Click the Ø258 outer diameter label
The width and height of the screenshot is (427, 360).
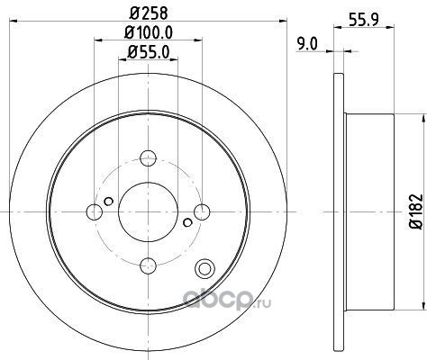pos(149,13)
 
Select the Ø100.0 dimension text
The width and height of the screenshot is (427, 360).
pos(149,32)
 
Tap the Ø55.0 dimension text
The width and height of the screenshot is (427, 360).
pos(149,52)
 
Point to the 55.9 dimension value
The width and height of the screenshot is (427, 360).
pos(364,20)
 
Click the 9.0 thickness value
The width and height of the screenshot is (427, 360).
pos(307,44)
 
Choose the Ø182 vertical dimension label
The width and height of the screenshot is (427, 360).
pos(416,211)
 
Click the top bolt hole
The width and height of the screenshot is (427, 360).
pos(149,158)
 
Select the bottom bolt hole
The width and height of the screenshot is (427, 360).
pos(149,265)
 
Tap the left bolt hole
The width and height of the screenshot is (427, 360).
pos(95,211)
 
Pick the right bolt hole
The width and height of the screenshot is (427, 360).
pos(202,211)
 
